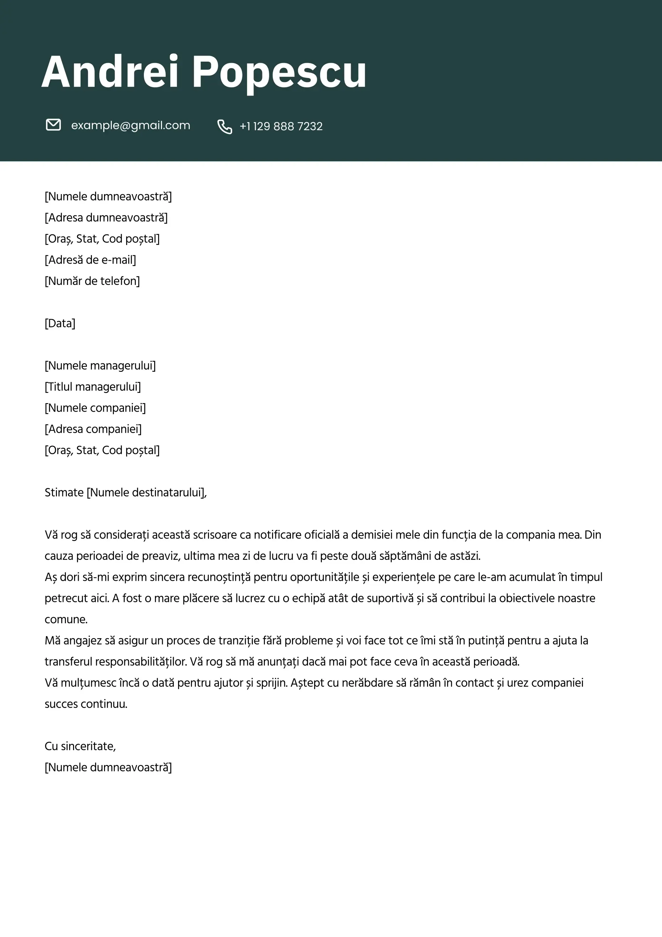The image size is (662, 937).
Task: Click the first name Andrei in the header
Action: pos(110,72)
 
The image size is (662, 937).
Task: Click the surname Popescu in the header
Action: pos(279,72)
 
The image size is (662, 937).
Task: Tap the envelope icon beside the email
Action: pos(53,125)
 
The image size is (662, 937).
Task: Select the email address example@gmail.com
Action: pos(131,125)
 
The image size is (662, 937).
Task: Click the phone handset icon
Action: pos(224,126)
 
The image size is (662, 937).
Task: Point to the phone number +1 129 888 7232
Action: pos(281,126)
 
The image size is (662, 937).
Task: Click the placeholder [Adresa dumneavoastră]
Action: pos(106,218)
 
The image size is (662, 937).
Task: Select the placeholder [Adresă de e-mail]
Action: pos(90,260)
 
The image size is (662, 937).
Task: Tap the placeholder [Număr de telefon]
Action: pos(92,281)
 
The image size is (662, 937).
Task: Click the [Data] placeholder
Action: pos(60,324)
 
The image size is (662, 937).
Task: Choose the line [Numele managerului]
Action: pos(100,366)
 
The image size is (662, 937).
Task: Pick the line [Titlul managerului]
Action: pos(93,387)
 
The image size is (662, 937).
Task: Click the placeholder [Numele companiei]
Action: pos(95,408)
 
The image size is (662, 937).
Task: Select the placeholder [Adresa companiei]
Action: pos(93,429)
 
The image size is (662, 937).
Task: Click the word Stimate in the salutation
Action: pos(64,493)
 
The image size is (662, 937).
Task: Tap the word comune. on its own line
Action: pos(66,619)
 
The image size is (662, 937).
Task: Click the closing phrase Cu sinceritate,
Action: pos(80,746)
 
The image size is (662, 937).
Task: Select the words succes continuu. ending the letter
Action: pos(86,704)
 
